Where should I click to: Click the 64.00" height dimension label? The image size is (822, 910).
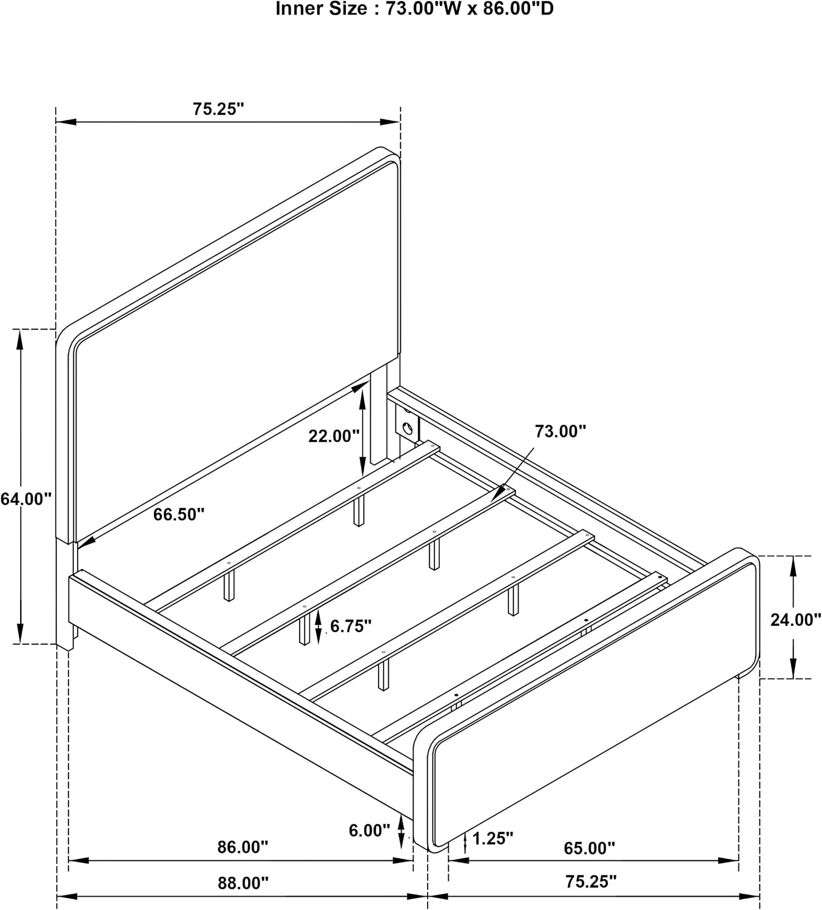coord(26,499)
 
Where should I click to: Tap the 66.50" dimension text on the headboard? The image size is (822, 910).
coord(179,514)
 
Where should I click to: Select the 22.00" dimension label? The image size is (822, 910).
coord(334,436)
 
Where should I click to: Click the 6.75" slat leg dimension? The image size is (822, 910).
coord(351,626)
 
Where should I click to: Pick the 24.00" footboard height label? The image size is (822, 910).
coord(796,619)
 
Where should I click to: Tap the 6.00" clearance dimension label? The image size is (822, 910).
coord(369,831)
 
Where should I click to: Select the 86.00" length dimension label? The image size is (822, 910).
coord(243,847)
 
